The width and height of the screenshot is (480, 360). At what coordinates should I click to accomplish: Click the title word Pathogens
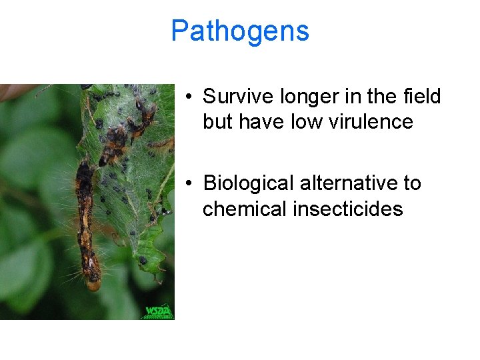pos(240,31)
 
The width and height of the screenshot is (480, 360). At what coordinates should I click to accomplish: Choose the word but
pos(217,122)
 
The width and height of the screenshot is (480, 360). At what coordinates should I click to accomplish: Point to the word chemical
pos(244,209)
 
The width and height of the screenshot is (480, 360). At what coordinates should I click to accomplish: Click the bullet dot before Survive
pos(190,97)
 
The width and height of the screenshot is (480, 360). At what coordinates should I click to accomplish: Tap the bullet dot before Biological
pos(190,183)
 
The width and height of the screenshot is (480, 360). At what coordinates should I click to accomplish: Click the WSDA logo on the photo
pos(158,311)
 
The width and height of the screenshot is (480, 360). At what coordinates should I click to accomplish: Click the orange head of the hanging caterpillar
pos(93,285)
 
